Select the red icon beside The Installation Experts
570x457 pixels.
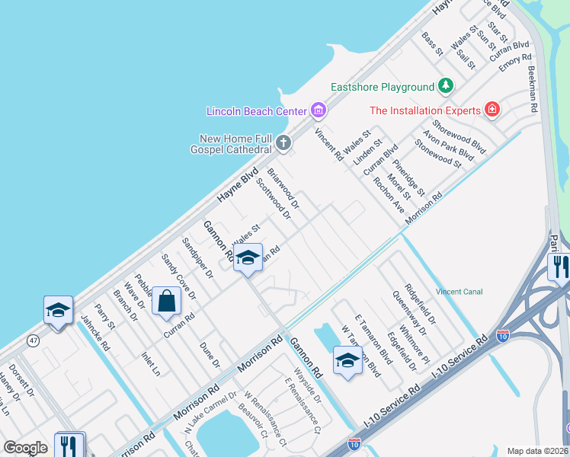(492, 110)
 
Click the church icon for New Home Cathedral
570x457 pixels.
(283, 142)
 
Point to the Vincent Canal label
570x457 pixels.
(459, 292)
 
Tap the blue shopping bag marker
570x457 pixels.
(166, 301)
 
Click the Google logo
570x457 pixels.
(25, 447)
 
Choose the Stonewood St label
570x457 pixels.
(437, 153)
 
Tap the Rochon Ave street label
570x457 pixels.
(389, 196)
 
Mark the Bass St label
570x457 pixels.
(432, 43)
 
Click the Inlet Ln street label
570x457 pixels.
(150, 364)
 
